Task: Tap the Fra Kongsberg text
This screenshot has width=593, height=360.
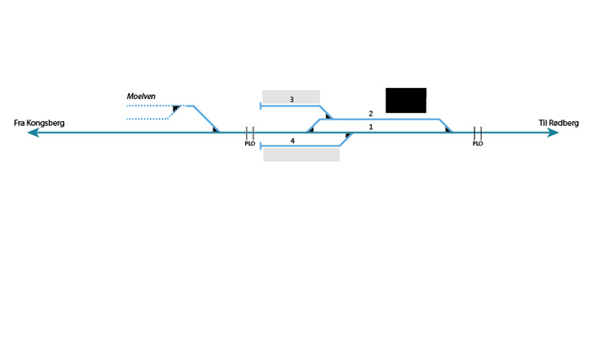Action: pyautogui.click(x=39, y=123)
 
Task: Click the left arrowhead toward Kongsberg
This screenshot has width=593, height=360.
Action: pyautogui.click(x=32, y=133)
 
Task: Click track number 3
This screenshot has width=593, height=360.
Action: pyautogui.click(x=292, y=100)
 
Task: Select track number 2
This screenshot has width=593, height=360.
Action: pyautogui.click(x=370, y=113)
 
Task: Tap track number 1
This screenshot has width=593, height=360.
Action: pyautogui.click(x=370, y=127)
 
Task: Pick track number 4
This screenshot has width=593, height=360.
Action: pyautogui.click(x=292, y=140)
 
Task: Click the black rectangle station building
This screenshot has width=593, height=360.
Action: pyautogui.click(x=406, y=100)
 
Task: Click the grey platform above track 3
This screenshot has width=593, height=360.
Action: pyautogui.click(x=291, y=96)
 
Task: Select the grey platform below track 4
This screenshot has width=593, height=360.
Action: pyautogui.click(x=301, y=154)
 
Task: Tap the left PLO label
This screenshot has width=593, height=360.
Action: pyautogui.click(x=250, y=144)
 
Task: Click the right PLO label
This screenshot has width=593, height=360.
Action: pyautogui.click(x=478, y=144)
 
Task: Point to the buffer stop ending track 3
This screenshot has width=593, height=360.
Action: pyautogui.click(x=262, y=105)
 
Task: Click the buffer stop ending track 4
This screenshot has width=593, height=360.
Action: pyautogui.click(x=261, y=146)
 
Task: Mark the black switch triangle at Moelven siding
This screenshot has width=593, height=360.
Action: pyautogui.click(x=177, y=107)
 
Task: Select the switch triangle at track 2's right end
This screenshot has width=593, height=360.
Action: pyautogui.click(x=448, y=129)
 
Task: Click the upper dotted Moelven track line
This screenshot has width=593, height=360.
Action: pyautogui.click(x=150, y=105)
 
